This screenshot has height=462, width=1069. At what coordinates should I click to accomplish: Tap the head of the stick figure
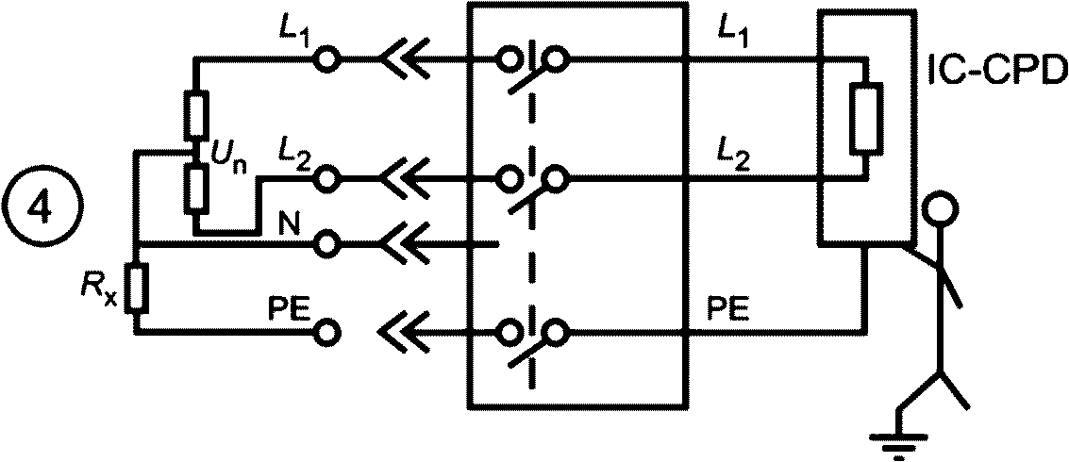click(943, 207)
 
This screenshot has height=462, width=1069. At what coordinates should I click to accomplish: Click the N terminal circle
click(326, 242)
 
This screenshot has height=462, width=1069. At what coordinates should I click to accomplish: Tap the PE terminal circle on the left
click(326, 333)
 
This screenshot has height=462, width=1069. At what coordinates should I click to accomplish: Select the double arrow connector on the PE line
click(405, 333)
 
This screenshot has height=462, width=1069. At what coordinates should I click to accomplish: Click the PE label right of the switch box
click(729, 309)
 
